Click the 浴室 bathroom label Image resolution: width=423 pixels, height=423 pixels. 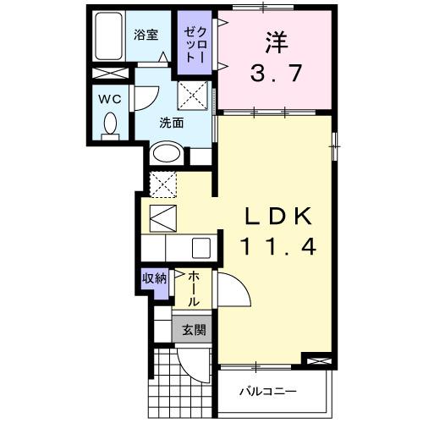tap(146, 35)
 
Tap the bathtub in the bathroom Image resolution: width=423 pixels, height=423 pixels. tap(107, 37)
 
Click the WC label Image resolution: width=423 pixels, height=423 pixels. tap(109, 97)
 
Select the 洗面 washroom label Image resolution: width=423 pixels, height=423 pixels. tap(172, 122)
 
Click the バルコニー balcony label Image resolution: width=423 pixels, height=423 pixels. tap(266, 393)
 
